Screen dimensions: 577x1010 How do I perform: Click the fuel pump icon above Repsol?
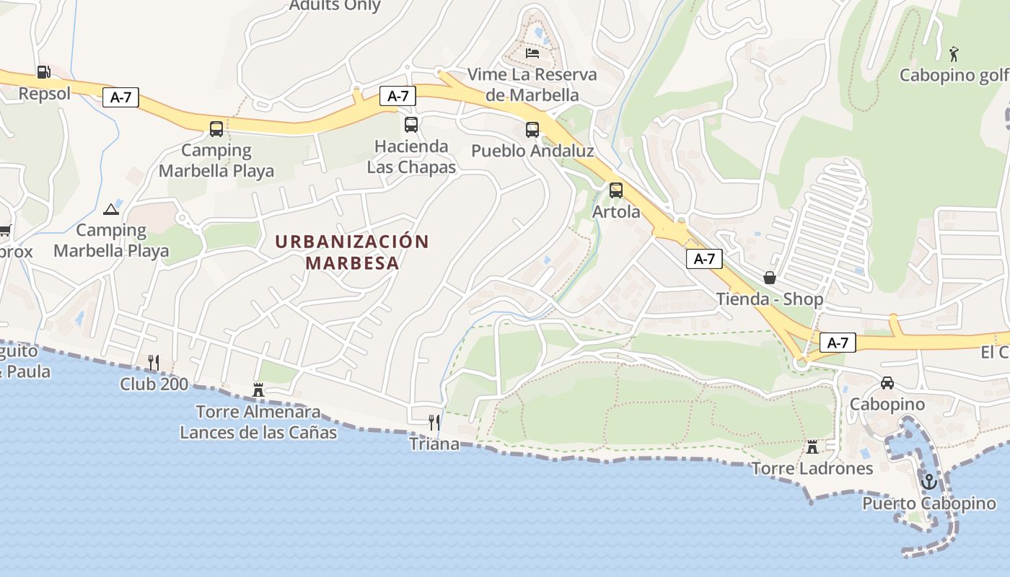[43, 72]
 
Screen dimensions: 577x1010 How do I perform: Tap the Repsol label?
[45, 94]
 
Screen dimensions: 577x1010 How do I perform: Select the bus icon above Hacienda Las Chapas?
[411, 125]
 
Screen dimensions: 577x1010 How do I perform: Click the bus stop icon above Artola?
[615, 190]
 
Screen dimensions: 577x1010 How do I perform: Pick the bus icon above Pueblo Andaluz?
[532, 130]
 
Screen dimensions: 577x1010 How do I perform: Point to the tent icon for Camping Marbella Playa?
[110, 209]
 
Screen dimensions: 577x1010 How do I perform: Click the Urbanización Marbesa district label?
[352, 252]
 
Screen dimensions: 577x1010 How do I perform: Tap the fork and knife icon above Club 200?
[154, 362]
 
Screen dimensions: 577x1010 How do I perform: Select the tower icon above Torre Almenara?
[258, 390]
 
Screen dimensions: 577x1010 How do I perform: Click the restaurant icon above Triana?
[434, 422]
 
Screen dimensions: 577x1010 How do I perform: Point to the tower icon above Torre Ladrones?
[812, 447]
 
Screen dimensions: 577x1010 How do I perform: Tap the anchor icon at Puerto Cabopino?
[929, 481]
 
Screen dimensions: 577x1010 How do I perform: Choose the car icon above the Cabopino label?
[887, 383]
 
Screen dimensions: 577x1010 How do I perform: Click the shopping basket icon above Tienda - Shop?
[770, 278]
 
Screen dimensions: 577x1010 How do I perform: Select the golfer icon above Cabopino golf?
[954, 53]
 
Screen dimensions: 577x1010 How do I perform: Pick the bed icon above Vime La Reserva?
[532, 53]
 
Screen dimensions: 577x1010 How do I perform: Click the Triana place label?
[434, 444]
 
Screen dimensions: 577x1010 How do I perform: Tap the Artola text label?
[616, 212]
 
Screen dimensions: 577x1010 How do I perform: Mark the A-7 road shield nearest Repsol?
[120, 97]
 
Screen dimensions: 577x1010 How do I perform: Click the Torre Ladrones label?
[812, 469]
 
